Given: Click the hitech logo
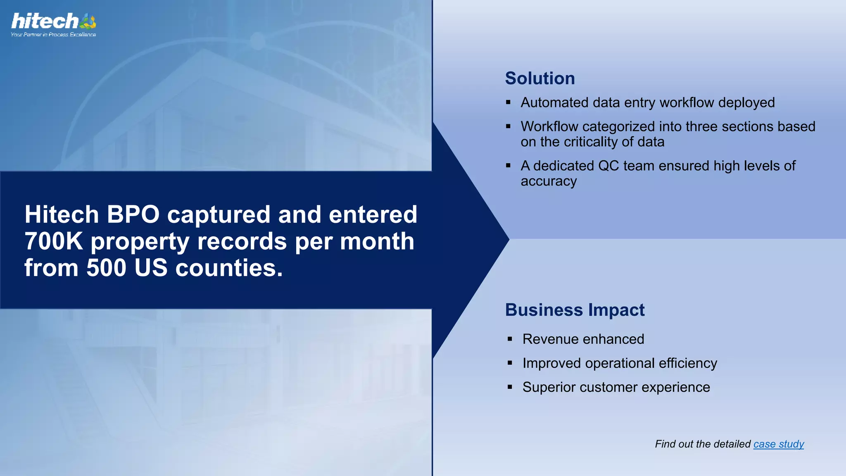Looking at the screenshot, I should tap(53, 21).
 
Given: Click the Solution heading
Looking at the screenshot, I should tap(539, 79).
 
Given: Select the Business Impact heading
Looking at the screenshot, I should tap(574, 310).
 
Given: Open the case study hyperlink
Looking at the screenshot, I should tap(778, 444).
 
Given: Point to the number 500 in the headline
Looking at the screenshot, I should tap(106, 268).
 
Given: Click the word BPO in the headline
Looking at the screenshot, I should tap(133, 215).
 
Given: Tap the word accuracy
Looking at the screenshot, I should tap(548, 181).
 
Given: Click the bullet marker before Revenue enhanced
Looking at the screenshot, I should tap(510, 339).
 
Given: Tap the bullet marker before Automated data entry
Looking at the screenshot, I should tap(508, 102).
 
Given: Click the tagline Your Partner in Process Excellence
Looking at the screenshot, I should tap(53, 35).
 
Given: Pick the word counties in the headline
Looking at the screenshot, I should tap(229, 268).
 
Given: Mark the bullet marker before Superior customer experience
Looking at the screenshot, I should tap(510, 387).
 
